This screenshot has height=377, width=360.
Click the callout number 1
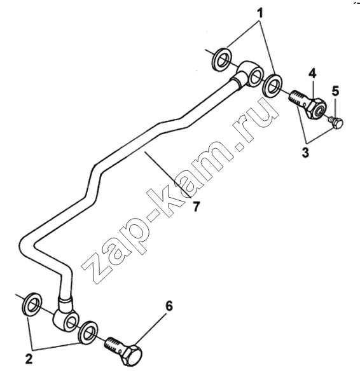pyautogui.click(x=260, y=13)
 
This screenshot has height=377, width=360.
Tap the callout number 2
pyautogui.click(x=29, y=359)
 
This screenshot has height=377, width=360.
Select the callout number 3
pyautogui.click(x=305, y=153)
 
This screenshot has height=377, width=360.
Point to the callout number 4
pyautogui.click(x=312, y=73)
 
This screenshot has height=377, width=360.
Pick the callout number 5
pyautogui.click(x=335, y=91)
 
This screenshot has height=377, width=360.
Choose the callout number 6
pyautogui.click(x=169, y=306)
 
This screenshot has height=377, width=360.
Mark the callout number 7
pyautogui.click(x=197, y=207)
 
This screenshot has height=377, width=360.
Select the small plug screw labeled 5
pyautogui.click(x=336, y=122)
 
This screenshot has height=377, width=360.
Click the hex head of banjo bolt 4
pyautogui.click(x=317, y=108)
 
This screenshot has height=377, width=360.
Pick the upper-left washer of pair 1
pyautogui.click(x=221, y=60)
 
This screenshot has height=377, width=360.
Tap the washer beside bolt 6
pyautogui.click(x=88, y=332)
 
